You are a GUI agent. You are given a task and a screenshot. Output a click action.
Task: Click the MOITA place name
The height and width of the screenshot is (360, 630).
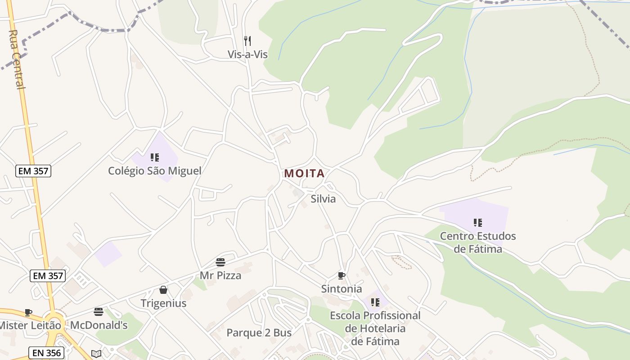pyautogui.click(x=304, y=174)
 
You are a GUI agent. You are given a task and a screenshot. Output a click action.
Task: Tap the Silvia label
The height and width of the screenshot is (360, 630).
pyautogui.click(x=323, y=199)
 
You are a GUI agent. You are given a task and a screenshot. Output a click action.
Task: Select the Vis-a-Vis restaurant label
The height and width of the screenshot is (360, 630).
pyautogui.click(x=247, y=55)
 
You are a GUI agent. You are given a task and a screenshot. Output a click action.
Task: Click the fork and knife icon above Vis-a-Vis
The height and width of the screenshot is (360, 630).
pyautogui.click(x=247, y=41)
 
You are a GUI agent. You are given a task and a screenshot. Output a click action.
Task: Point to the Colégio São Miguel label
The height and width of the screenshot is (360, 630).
pyautogui.click(x=155, y=171)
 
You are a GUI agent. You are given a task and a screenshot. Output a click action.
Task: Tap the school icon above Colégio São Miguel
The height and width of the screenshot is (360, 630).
pyautogui.click(x=155, y=157)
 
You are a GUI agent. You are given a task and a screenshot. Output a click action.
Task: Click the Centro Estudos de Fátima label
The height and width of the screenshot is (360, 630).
pyautogui.click(x=478, y=242)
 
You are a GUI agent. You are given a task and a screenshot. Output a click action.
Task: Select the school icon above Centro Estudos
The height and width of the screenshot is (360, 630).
pyautogui.click(x=478, y=222)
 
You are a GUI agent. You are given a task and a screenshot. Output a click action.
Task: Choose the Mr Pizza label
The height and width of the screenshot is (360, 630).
pyautogui.click(x=220, y=275)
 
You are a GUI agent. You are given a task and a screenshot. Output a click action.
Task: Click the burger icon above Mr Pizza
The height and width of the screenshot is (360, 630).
pyautogui.click(x=220, y=262)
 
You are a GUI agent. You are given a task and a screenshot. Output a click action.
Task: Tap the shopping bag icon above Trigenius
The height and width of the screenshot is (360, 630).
pyautogui.click(x=163, y=290)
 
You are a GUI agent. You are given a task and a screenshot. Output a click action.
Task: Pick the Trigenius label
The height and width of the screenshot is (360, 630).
pyautogui.click(x=163, y=303)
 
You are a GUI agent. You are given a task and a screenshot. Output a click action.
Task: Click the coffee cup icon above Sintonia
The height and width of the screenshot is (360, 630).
pyautogui.click(x=342, y=275)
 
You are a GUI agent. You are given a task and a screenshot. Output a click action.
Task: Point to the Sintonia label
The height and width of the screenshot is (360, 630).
pyautogui.click(x=342, y=289)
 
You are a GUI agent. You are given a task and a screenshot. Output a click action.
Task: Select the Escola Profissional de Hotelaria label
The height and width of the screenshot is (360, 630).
pyautogui.click(x=375, y=328)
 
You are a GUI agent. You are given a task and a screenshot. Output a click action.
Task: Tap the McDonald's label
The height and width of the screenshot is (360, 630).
pyautogui.click(x=99, y=325)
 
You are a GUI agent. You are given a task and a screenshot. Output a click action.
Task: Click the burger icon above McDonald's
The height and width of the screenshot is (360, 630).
pyautogui.click(x=99, y=311)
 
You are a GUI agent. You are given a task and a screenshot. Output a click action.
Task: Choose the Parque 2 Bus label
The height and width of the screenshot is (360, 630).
pyautogui.click(x=259, y=333)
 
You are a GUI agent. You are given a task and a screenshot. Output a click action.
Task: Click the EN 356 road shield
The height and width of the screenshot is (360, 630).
pyautogui.click(x=47, y=353)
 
